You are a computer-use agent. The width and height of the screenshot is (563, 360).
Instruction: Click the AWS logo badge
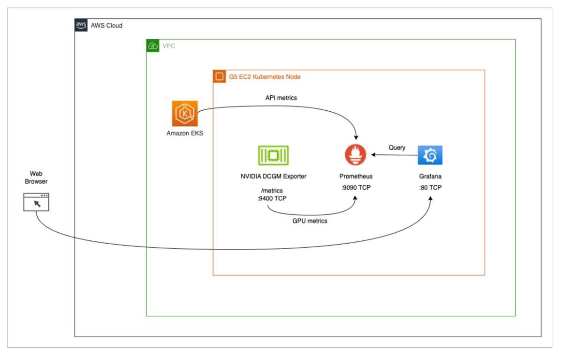[x=81, y=25]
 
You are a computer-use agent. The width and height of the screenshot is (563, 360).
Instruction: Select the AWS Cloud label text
[x=107, y=25]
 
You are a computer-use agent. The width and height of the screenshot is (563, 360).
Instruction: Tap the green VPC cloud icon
[x=152, y=46]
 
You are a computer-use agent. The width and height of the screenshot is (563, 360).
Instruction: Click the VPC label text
[x=169, y=46]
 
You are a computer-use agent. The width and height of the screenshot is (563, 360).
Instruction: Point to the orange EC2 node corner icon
[x=219, y=77]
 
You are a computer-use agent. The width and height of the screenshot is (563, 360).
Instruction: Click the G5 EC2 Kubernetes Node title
[x=265, y=77]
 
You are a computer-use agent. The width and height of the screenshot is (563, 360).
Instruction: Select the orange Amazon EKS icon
[x=185, y=113]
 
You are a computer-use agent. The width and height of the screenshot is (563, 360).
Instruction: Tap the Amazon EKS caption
[x=185, y=133]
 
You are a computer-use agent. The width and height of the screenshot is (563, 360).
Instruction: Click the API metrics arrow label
[x=281, y=98]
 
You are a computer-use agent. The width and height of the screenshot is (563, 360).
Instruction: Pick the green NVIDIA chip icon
[x=274, y=155]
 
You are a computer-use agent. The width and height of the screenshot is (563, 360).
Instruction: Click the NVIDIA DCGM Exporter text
[x=274, y=176]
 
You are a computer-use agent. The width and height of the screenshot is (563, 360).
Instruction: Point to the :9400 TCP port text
[x=272, y=198]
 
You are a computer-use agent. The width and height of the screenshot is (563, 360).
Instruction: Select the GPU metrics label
[x=310, y=220]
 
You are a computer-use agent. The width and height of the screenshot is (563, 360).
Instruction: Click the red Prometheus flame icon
[x=356, y=155]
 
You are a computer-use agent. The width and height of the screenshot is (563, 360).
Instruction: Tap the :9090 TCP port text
[x=356, y=187]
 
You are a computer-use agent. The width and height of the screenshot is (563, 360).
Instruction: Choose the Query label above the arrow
[x=397, y=147]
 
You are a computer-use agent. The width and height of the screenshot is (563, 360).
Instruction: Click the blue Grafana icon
[x=430, y=155]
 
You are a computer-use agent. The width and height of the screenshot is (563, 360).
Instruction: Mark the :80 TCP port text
[x=430, y=187]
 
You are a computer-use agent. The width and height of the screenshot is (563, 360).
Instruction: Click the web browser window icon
[x=36, y=202]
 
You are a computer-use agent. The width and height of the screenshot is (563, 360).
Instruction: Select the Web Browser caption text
[x=36, y=177]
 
